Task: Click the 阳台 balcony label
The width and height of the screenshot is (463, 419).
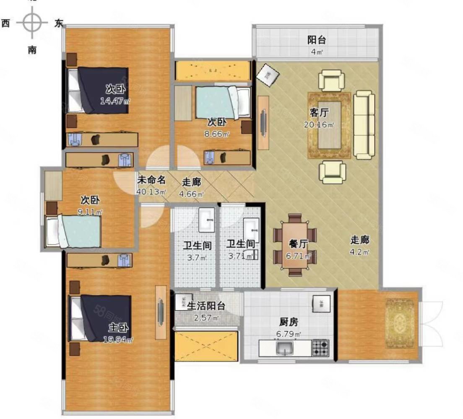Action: (317, 40)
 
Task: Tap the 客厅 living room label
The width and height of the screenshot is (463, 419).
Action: (319, 112)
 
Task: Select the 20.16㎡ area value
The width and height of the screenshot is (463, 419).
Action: (319, 124)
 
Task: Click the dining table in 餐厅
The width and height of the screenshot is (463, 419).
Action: (295, 245)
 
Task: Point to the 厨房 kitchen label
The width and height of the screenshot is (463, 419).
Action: (289, 322)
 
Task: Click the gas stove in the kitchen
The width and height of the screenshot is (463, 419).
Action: (320, 347)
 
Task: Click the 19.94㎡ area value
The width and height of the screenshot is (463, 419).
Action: (118, 339)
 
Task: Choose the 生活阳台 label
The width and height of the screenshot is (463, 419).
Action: (205, 306)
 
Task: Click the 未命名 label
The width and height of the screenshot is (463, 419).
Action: (152, 180)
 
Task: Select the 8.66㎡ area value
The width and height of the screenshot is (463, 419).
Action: (217, 134)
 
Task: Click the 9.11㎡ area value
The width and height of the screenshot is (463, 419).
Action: (90, 212)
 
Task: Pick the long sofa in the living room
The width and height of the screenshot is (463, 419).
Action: (364, 125)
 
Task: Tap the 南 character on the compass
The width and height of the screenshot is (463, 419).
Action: (32, 50)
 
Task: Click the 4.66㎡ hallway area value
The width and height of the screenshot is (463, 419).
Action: (191, 194)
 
